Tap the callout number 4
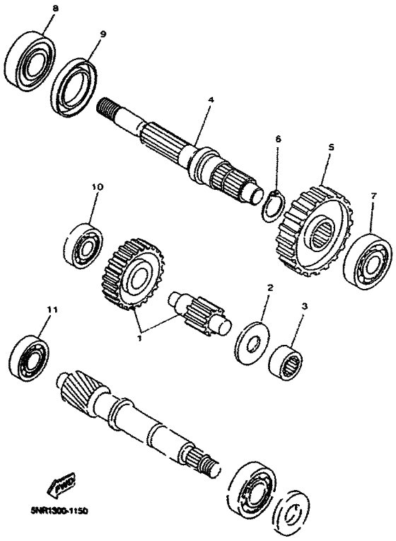pyautogui.click(x=210, y=100)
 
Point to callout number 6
pyautogui.click(x=278, y=139)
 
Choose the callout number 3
pyautogui.click(x=305, y=307)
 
